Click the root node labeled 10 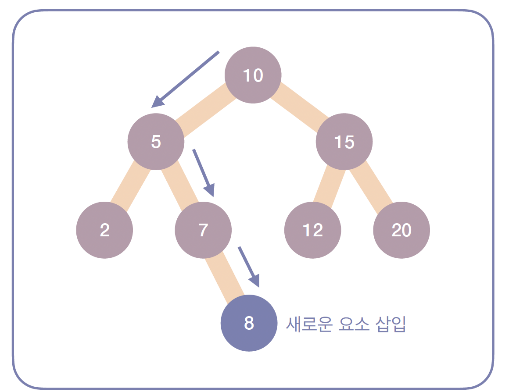tap(253, 75)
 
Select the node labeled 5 tap(156, 142)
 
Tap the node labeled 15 tap(344, 142)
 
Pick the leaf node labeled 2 tap(104, 230)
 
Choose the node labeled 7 tap(203, 230)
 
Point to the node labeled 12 tap(312, 230)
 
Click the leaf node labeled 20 tap(401, 230)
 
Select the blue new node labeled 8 tap(249, 324)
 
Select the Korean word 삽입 tap(391, 324)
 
